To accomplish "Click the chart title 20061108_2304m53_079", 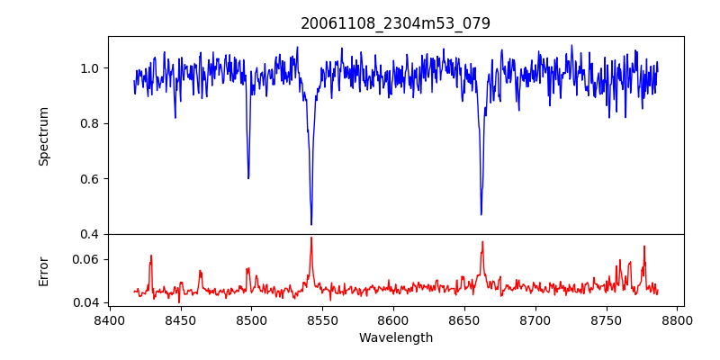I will [395, 23].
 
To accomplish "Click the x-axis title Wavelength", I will [395, 338].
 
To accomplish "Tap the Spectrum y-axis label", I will [44, 136].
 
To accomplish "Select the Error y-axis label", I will [44, 270].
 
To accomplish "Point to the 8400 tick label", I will [109, 319].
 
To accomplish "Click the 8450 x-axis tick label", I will [180, 319].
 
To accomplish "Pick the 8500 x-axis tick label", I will [251, 319].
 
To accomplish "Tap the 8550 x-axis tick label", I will [322, 319].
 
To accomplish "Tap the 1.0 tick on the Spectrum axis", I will [90, 68].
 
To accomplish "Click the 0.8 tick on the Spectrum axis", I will [90, 123].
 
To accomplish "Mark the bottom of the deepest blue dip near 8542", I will [311, 224].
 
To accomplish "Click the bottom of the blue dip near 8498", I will [248, 178].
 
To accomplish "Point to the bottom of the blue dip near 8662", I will [481, 214].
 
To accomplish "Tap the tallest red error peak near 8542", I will [311, 238].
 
